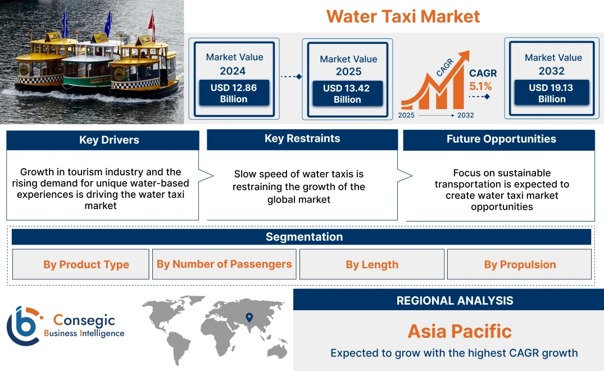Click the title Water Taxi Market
tap(403, 16)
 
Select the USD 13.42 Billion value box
tap(347, 93)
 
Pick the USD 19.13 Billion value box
tap(552, 93)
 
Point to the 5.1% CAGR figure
tap(480, 87)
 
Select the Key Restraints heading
tap(302, 139)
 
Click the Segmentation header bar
tap(304, 237)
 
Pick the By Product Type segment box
tap(86, 265)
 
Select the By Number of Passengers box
tap(224, 264)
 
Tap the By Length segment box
tap(372, 265)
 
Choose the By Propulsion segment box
tap(520, 265)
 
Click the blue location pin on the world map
tap(249, 318)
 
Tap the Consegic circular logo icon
tap(24, 325)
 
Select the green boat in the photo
tap(87, 73)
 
